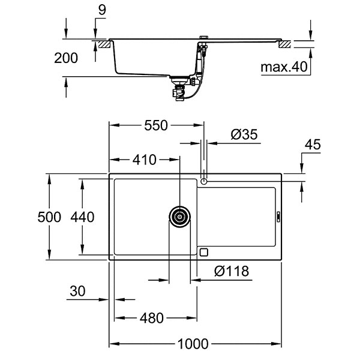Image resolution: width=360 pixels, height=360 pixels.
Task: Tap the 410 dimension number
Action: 144,160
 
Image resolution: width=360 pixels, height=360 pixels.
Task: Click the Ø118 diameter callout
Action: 231,272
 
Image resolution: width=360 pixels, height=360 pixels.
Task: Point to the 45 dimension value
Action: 313,145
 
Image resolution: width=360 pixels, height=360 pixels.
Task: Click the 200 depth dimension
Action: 65,58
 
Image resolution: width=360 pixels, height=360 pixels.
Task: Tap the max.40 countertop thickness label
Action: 284,67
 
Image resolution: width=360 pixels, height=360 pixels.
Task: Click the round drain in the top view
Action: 179,217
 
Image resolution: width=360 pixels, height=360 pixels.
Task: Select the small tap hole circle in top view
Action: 205,181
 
